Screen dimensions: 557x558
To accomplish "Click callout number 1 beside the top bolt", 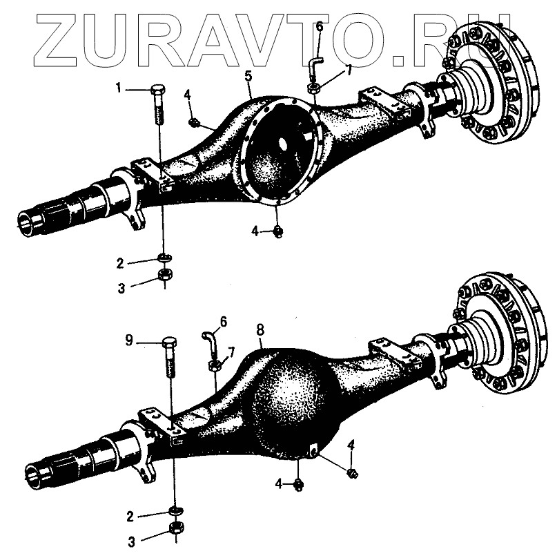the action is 118,88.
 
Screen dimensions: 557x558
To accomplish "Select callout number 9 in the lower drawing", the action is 128,340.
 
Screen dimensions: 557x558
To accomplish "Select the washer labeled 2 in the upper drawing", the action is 165,258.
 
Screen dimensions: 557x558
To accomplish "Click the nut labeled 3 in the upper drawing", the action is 165,275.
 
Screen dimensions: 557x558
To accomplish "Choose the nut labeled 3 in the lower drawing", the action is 175,530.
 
